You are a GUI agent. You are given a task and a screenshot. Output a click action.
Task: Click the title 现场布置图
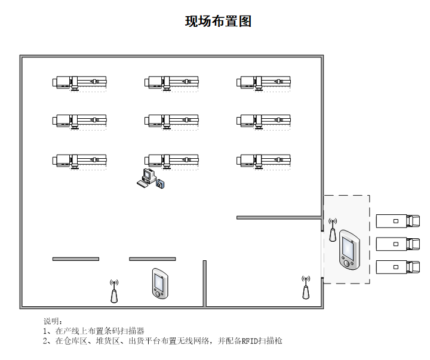coord(218,21)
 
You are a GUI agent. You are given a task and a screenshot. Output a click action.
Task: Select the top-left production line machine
coord(79,82)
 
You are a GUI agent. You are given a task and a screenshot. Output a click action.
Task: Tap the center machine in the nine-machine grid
coord(171,121)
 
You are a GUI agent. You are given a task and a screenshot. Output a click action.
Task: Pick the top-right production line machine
coord(263,82)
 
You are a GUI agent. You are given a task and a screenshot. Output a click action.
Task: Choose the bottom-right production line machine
coord(263,160)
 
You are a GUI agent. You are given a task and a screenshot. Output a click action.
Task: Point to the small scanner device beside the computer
coord(159,184)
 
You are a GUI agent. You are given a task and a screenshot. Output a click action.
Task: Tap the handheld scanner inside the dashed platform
coord(348,249)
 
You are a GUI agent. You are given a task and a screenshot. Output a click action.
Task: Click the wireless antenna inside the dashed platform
coord(333,230)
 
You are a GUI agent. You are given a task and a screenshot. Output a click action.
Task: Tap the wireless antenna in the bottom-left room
coord(113,291)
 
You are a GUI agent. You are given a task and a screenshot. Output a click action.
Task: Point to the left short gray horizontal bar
coord(76,259)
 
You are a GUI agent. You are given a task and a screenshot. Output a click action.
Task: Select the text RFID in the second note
coord(250,341)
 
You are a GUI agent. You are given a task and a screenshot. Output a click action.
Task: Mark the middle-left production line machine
coord(79,121)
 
